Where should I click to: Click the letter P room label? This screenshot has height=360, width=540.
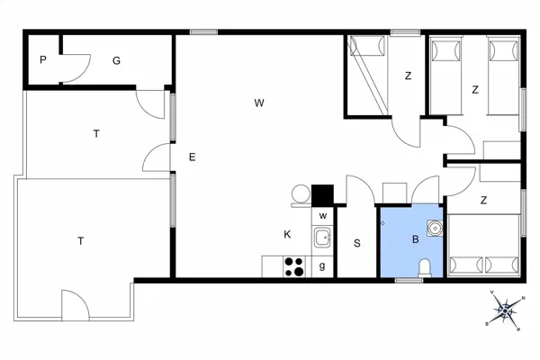click(x=42, y=60)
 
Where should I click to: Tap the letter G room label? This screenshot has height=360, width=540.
click(x=116, y=60)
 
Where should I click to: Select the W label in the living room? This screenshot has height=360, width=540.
click(x=258, y=103)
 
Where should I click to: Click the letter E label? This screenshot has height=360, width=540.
click(x=192, y=157)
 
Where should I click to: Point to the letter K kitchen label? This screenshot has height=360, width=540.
click(x=287, y=234)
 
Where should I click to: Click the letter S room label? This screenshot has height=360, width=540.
click(x=357, y=243)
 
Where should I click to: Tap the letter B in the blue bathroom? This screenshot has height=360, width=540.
click(x=415, y=239)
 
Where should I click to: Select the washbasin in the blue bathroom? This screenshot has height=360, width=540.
click(x=436, y=226)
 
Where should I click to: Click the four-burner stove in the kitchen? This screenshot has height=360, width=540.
click(x=294, y=266)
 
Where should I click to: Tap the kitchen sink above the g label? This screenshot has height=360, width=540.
click(x=322, y=238)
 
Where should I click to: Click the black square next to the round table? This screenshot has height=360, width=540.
click(x=322, y=194)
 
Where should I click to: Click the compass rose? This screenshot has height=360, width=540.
click(x=506, y=310)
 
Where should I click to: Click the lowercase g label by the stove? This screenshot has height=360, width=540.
click(x=322, y=265)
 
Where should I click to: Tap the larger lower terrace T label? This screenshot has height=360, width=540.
click(x=80, y=240)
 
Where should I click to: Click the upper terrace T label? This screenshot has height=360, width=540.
click(x=95, y=133)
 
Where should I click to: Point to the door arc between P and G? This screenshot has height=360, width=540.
click(x=76, y=67)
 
